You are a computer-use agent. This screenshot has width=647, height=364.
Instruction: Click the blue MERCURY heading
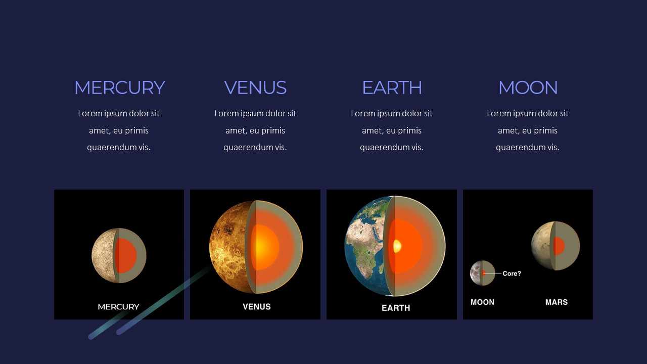119,88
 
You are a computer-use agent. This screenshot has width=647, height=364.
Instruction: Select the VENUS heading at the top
255,88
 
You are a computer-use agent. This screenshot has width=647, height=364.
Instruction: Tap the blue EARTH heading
392,88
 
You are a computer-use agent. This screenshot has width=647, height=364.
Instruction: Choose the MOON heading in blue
528,88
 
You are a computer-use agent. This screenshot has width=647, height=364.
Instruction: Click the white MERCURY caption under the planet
118,307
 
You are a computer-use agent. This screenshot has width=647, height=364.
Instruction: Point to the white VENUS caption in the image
256,307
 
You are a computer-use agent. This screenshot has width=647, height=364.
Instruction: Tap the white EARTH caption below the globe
396,308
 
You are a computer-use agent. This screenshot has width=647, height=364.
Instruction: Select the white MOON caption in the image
482,302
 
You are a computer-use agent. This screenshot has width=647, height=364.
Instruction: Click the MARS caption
556,302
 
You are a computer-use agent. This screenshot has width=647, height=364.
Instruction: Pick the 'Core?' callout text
512,274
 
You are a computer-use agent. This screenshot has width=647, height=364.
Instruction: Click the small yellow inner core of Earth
397,246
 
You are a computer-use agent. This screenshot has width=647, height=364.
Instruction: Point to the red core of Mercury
127,255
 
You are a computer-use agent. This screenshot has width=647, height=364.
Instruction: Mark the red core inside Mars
559,246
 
